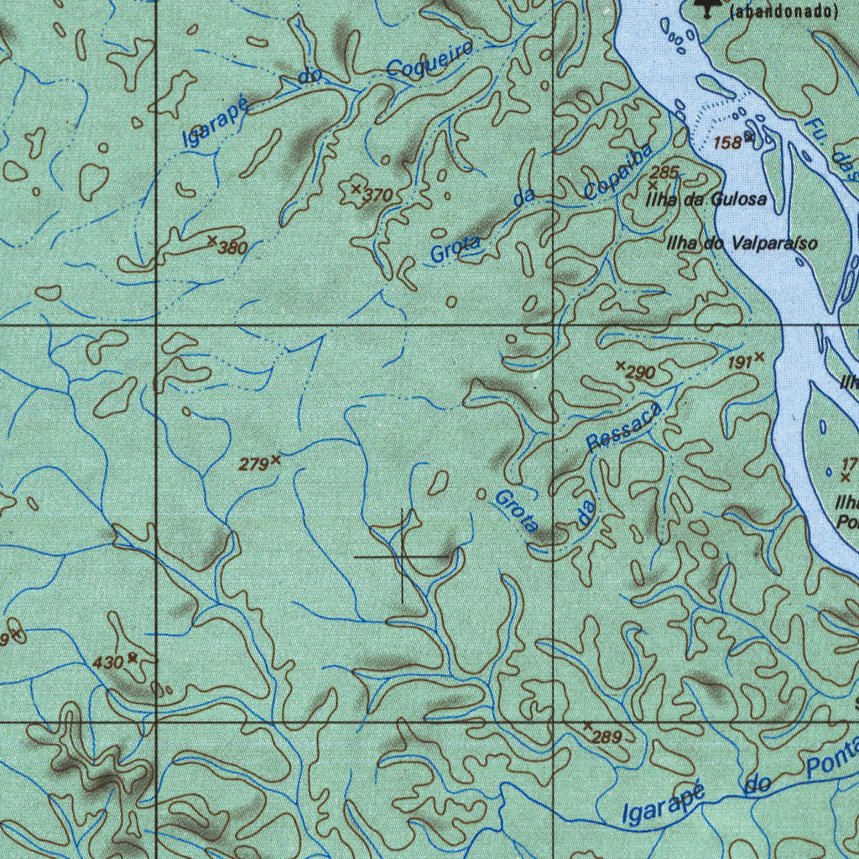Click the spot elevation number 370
(x=379, y=195)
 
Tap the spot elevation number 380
(x=232, y=247)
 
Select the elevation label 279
(x=253, y=464)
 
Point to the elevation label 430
(x=108, y=663)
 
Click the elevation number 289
(x=606, y=738)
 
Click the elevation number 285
(x=664, y=173)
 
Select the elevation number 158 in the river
(x=727, y=143)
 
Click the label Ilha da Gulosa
(x=705, y=200)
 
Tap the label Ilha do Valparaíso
(x=741, y=244)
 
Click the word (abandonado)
(x=784, y=12)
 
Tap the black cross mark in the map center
(x=403, y=556)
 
